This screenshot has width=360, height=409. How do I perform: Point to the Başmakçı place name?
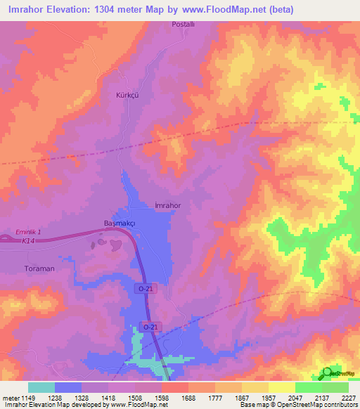click(114, 223)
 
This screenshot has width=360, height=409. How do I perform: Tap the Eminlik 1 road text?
click(30, 232)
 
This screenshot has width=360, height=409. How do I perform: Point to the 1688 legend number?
click(188, 397)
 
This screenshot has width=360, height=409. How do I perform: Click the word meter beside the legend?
click(10, 397)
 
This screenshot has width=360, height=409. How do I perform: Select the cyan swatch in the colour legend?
click(41, 387)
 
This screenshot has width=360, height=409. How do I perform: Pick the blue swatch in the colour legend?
click(68, 387)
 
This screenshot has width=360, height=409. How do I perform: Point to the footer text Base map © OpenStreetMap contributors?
click(298, 405)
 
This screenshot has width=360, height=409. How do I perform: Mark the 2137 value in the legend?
click(321, 397)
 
